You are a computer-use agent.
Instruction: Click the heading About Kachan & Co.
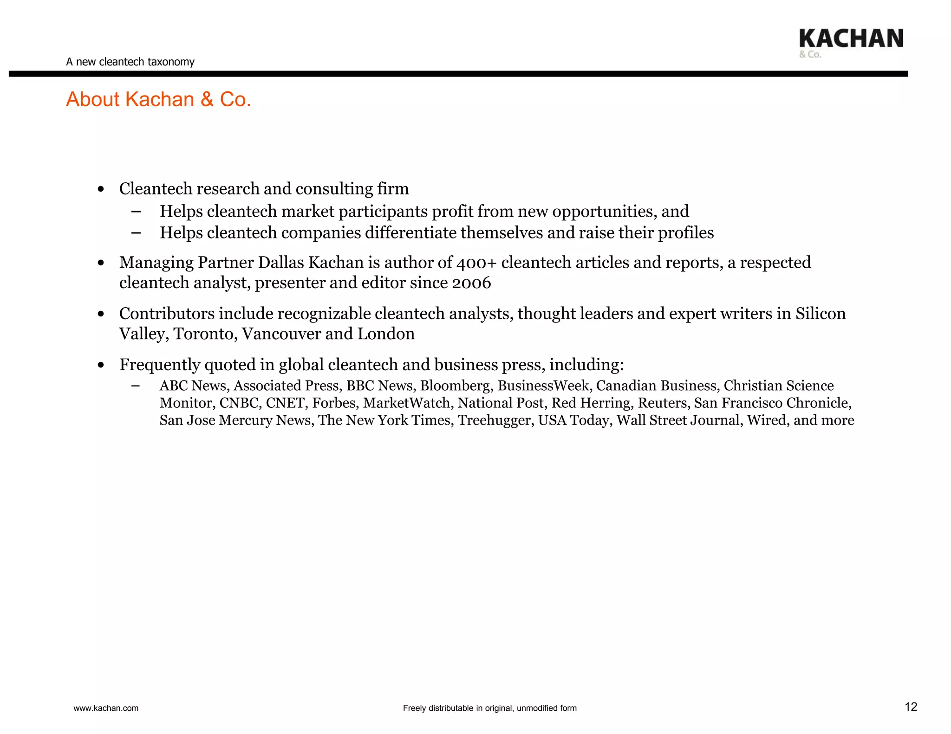click(x=158, y=99)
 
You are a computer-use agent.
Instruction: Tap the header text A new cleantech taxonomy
click(x=130, y=62)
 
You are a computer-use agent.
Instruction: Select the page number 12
click(x=911, y=707)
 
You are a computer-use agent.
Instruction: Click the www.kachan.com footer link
click(x=106, y=708)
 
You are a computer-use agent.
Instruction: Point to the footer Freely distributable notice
click(x=489, y=708)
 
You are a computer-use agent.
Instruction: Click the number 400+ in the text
click(x=476, y=263)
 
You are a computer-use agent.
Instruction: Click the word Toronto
click(x=203, y=334)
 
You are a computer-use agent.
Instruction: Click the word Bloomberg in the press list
click(x=455, y=386)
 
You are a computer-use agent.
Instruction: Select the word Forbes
click(x=333, y=403)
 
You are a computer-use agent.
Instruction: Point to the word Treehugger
click(x=494, y=420)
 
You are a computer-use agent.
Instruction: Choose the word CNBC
click(x=238, y=403)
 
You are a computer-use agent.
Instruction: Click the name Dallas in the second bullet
click(x=281, y=263)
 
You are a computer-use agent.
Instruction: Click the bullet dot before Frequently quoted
click(x=101, y=366)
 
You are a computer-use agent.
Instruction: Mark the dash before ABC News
click(x=136, y=386)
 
